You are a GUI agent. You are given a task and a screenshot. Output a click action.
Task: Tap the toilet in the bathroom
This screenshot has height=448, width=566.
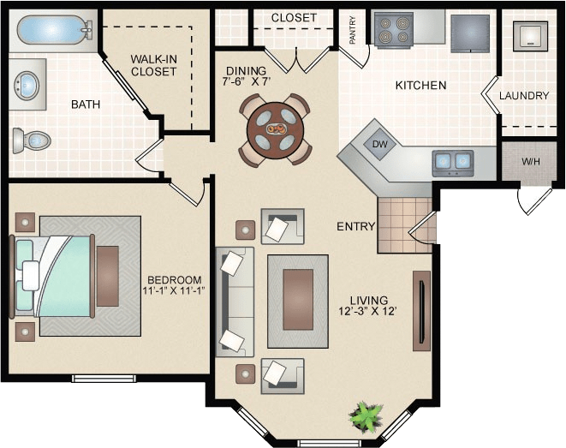pos(33,140)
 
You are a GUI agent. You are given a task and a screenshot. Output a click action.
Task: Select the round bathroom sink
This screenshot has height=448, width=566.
pos(27,86)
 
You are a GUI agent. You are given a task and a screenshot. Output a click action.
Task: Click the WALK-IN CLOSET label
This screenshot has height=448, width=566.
pos(154,65)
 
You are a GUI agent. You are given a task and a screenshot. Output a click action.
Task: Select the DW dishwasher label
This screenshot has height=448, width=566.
pos(380,144)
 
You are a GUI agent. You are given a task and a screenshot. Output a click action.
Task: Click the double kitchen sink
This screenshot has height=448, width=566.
pos(453,160)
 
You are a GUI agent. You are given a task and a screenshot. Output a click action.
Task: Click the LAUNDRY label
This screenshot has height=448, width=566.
pos(523,95)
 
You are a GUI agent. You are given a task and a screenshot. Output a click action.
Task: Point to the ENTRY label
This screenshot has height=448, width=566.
pos(355,226)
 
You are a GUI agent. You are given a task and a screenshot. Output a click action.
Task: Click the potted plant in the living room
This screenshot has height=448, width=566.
pos(366,417)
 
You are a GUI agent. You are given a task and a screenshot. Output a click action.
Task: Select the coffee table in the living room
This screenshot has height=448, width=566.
pos(298,288)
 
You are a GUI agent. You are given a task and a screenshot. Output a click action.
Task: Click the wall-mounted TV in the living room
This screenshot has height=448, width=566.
pos(420,310)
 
